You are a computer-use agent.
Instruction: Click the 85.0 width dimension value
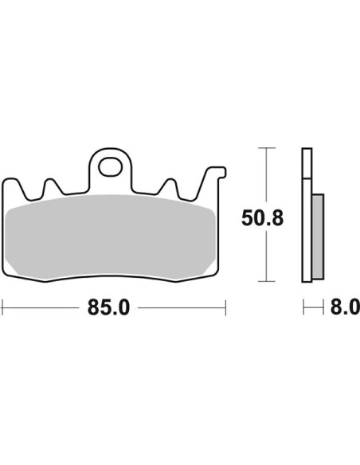(x=108, y=308)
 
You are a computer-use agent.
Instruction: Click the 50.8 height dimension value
(x=263, y=218)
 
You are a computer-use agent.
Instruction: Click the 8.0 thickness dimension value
(x=345, y=307)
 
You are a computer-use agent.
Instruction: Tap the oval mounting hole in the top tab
(x=111, y=167)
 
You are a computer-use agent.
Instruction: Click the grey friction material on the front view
(x=110, y=237)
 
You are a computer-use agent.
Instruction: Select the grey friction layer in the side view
(x=319, y=236)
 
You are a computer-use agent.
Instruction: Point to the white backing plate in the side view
(x=307, y=215)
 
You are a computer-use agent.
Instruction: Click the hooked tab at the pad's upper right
(x=216, y=174)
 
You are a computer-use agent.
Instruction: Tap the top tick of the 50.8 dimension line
(x=267, y=147)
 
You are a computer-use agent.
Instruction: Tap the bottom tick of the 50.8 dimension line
(x=267, y=281)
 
